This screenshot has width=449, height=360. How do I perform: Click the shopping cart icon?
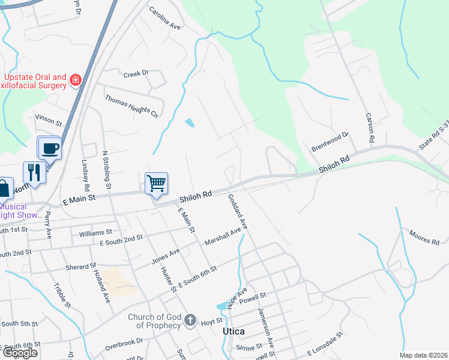coord(156,182)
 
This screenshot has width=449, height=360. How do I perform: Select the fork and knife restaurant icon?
coord(34,172)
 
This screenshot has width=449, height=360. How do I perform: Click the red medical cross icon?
coord(75,80)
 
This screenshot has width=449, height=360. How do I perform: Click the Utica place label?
coord(233,331)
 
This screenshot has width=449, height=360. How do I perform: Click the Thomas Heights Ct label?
coord(131,106)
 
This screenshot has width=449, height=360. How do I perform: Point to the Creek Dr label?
coord(136,74)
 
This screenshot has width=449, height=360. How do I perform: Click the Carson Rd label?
coord(370,128)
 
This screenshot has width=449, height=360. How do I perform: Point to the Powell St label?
coord(253,295)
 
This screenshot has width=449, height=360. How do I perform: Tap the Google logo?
coord(20,353)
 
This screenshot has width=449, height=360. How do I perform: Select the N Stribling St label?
coord(108,169)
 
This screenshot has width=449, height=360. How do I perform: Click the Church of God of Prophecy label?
coord(154,321)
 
